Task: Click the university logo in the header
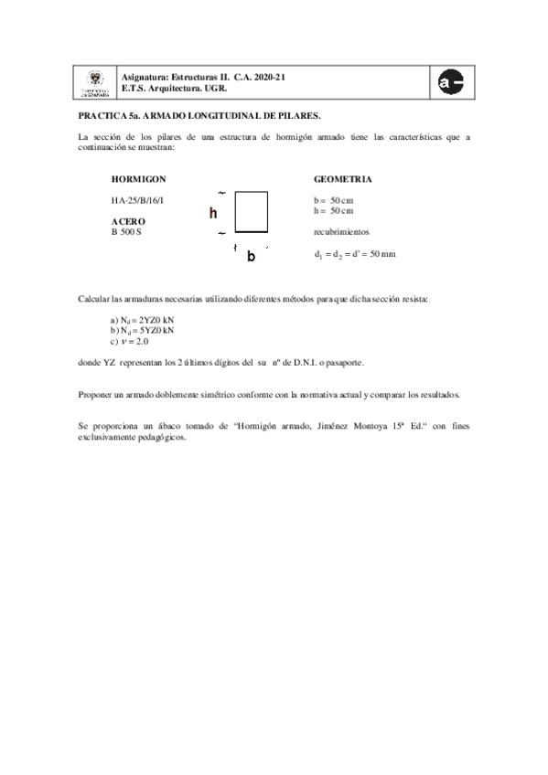(x=94, y=84)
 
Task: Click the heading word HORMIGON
(x=138, y=179)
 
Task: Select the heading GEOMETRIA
(x=342, y=179)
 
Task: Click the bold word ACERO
(x=128, y=221)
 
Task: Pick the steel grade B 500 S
(x=126, y=232)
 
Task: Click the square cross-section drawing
(x=252, y=213)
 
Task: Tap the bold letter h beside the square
(x=213, y=214)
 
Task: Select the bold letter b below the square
(x=251, y=257)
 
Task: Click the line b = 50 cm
(x=334, y=199)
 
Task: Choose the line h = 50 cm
(x=334, y=210)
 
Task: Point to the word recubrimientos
(x=341, y=232)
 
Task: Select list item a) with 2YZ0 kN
(x=142, y=320)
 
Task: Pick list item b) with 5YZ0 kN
(x=142, y=330)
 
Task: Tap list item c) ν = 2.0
(x=129, y=341)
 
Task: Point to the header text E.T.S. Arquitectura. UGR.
(x=174, y=89)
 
